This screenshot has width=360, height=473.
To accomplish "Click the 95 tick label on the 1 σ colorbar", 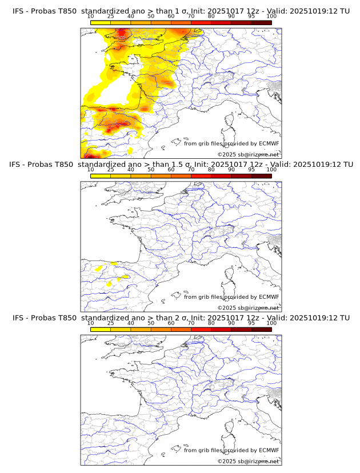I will [251, 16].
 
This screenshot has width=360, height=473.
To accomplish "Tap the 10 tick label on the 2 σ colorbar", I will [91, 323].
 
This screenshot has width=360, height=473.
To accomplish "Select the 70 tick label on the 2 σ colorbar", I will [191, 323].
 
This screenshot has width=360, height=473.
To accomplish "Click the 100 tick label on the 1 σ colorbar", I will [271, 16].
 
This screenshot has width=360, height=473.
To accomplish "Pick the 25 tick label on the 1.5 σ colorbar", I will [111, 170].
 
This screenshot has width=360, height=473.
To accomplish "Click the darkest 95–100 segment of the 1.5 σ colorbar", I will [262, 175].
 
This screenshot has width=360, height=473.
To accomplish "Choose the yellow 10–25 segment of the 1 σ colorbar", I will [101, 22].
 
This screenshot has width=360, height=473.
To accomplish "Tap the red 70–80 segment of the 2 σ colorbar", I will [201, 329].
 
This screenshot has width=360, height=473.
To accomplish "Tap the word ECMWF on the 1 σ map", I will [269, 143].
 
